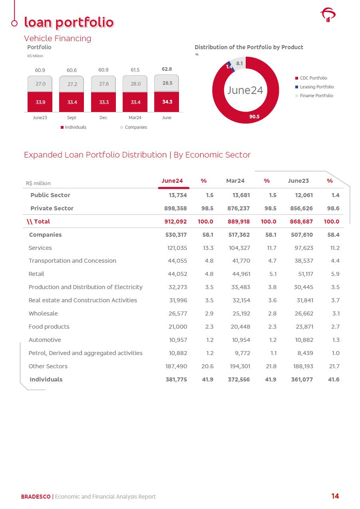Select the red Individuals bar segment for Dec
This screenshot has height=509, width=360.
point(103,102)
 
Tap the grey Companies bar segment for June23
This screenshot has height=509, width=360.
point(40,84)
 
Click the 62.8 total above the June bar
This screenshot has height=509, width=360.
point(167,69)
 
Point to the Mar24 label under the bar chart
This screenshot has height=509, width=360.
point(135,118)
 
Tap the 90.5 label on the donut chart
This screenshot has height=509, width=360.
point(254,117)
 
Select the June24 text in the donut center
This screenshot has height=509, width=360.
point(245,90)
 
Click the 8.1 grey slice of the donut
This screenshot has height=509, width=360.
point(239,63)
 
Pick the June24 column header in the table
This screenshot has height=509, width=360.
point(172,181)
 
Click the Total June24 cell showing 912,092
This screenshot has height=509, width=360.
point(176,222)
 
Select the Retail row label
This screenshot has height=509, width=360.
point(36,274)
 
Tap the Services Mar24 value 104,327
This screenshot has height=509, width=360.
point(239,248)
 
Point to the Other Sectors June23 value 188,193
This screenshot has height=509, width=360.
point(302,366)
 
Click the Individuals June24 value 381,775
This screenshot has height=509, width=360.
point(176,379)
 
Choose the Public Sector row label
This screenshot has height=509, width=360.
point(50,195)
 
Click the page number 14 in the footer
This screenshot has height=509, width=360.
point(335,496)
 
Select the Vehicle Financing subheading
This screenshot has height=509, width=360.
point(58,38)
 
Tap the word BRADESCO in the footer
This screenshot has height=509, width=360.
point(36,497)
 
